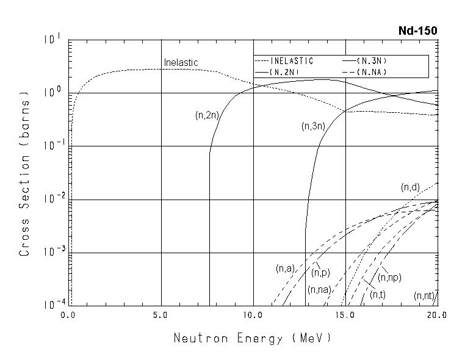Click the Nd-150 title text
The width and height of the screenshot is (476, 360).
417,31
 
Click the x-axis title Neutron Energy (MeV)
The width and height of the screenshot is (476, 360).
253,337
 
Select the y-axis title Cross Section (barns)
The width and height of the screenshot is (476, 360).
25,174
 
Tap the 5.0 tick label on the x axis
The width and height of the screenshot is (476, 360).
161,315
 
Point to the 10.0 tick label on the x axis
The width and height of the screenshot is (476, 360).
253,315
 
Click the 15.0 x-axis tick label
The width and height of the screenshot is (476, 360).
345,315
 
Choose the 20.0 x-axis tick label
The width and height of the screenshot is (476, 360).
436,315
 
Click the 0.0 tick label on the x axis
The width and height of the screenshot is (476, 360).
68,315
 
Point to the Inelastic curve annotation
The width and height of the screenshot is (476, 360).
181,62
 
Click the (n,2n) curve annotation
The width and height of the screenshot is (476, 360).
207,115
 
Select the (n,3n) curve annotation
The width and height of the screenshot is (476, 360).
314,126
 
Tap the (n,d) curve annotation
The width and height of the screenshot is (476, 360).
410,187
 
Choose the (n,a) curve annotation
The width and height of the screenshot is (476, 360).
286,268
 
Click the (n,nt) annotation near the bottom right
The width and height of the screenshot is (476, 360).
424,296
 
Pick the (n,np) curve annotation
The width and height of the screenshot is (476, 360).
389,278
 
